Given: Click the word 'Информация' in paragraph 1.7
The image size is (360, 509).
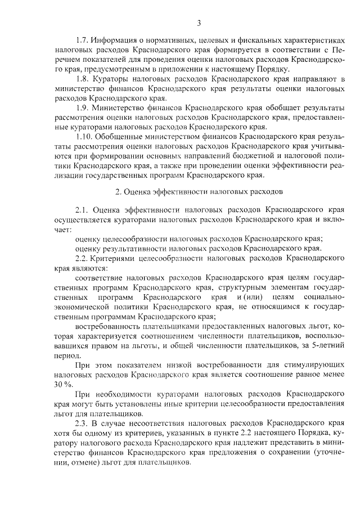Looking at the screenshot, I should click(116, 43).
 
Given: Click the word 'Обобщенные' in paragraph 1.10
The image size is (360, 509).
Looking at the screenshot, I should click(122, 136).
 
